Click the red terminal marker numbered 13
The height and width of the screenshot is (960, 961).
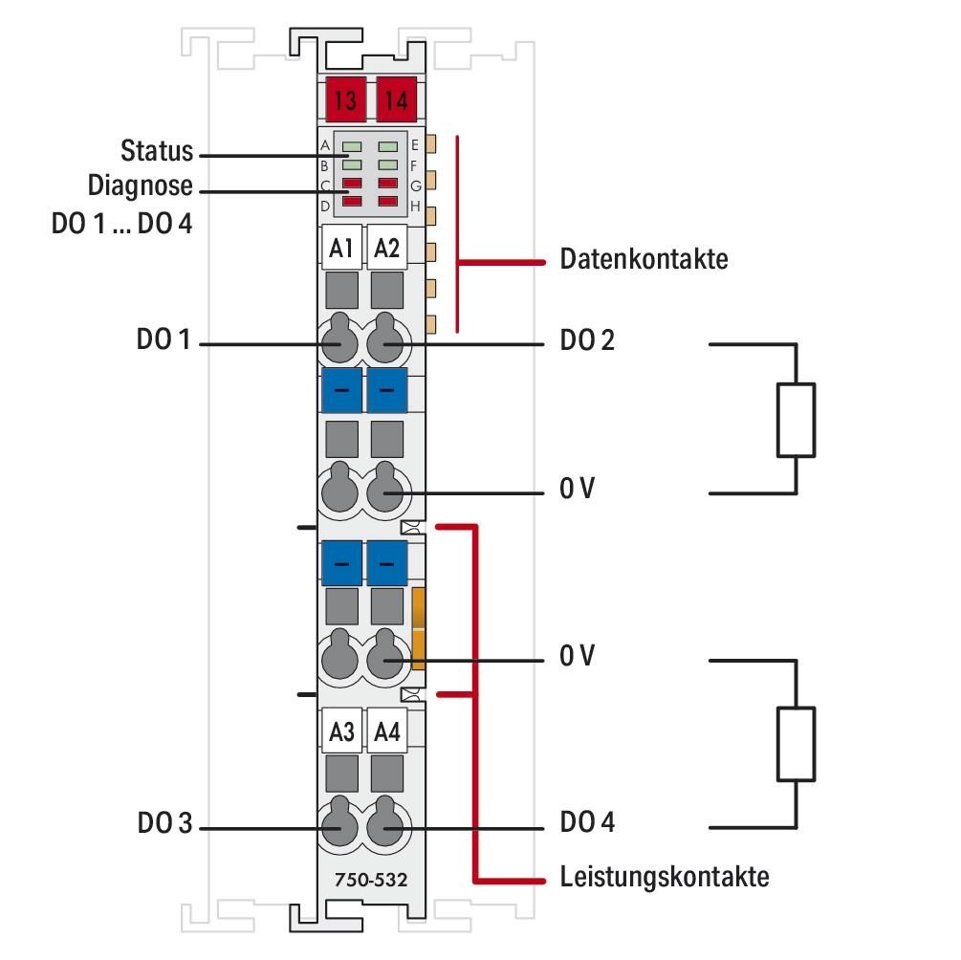click(341, 98)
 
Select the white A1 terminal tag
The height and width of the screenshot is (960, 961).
click(340, 250)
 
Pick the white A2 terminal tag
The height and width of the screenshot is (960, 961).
click(386, 250)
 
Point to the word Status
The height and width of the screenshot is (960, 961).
click(157, 151)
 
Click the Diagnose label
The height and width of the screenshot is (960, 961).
click(140, 184)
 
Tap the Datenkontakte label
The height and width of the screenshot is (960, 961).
click(644, 260)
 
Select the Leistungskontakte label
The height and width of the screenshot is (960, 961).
click(664, 877)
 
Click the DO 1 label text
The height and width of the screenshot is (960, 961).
click(164, 340)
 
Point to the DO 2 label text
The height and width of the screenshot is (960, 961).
click(588, 340)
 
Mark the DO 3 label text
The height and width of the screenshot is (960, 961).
click(164, 824)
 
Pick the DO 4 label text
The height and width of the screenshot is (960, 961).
click(588, 823)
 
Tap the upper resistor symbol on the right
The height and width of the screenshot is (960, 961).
click(796, 420)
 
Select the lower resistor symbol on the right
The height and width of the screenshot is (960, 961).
click(796, 744)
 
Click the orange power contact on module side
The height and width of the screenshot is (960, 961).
click(419, 628)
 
